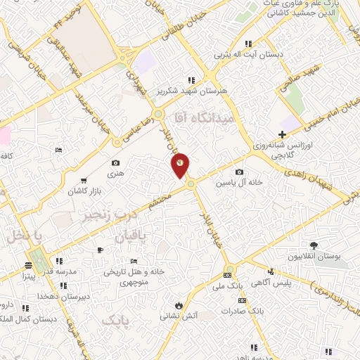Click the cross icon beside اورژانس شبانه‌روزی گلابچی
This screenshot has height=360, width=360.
pyautogui.click(x=282, y=134)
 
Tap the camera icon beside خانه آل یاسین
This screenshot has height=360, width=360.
pyautogui.click(x=240, y=172)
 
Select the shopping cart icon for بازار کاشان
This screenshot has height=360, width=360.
pyautogui.click(x=85, y=181)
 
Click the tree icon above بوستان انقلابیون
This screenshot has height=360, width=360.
pyautogui.click(x=314, y=245)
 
